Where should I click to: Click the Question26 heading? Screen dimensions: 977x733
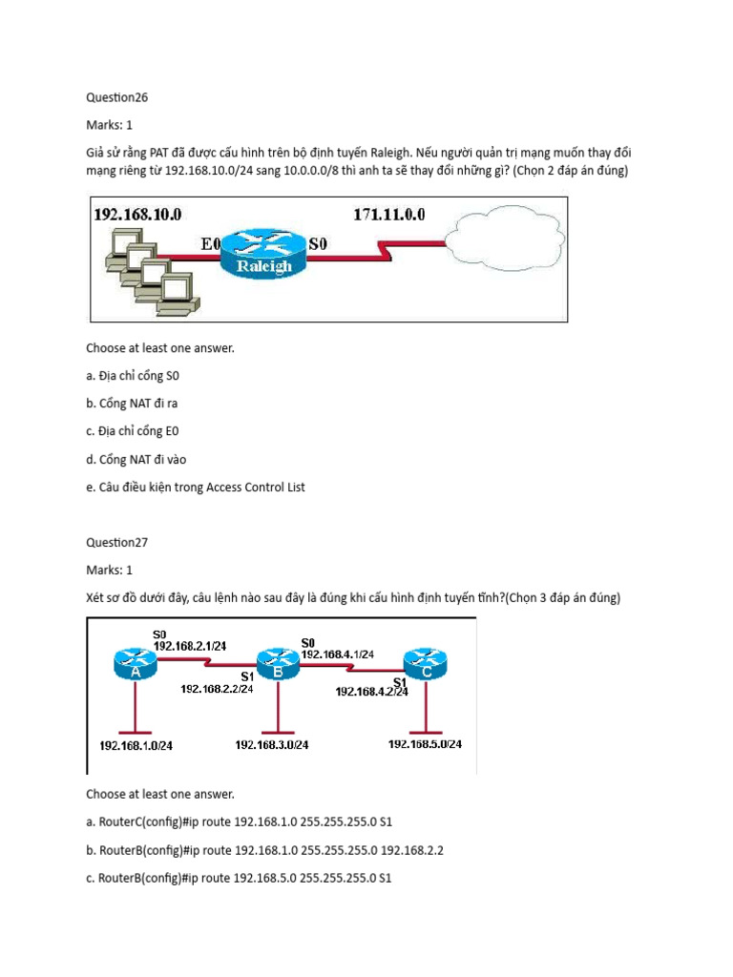(x=117, y=96)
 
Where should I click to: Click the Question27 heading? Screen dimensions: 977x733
(x=117, y=542)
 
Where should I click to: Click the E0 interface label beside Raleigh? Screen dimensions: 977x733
(x=211, y=244)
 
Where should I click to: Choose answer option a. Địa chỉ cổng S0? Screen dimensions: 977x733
(x=138, y=376)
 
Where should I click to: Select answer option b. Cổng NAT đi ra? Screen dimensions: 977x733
(x=138, y=404)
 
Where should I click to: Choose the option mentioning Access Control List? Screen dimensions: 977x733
(x=195, y=487)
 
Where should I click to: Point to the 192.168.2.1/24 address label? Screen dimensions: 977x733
(x=189, y=646)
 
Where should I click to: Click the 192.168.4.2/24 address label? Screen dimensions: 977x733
(x=371, y=693)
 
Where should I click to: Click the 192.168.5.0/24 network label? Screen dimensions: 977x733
(x=425, y=744)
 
